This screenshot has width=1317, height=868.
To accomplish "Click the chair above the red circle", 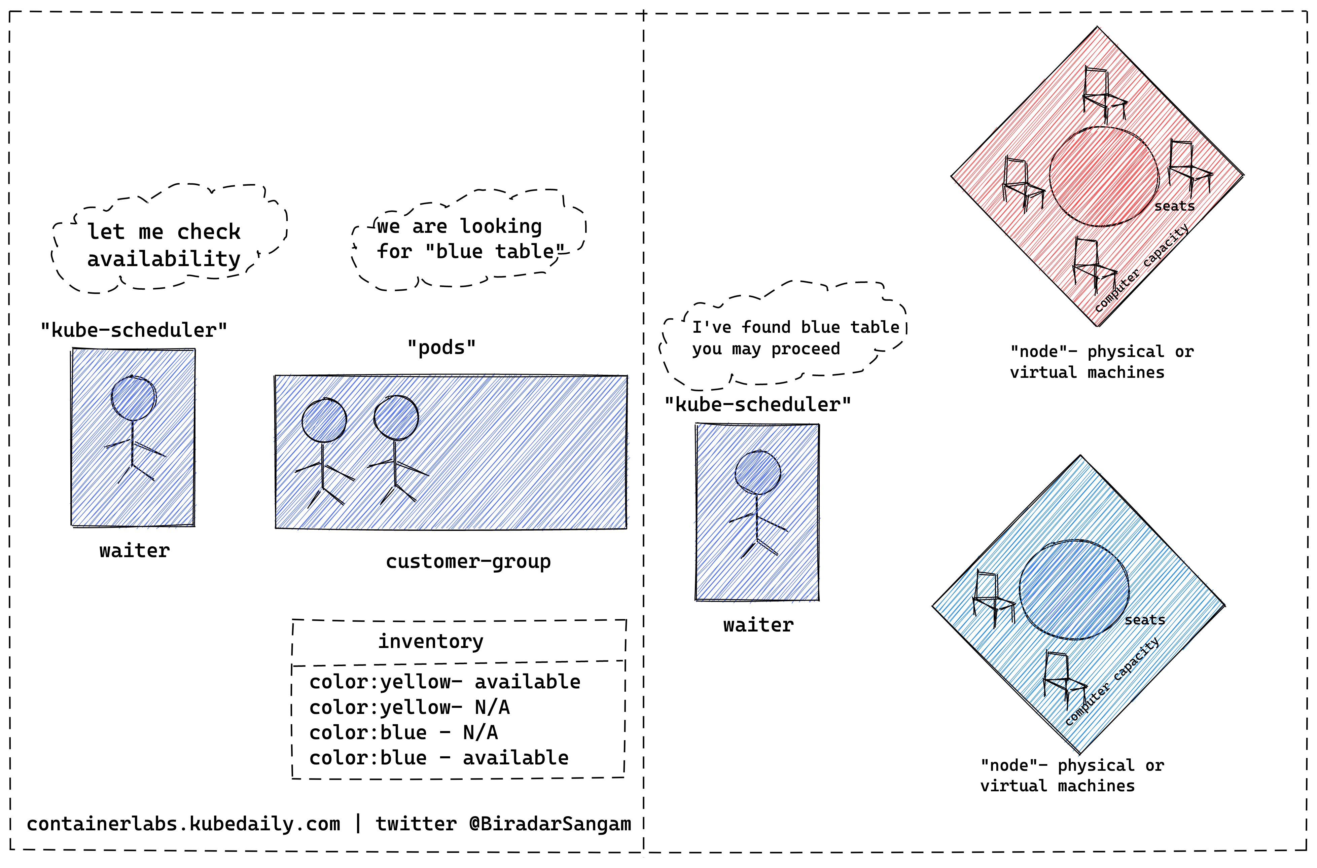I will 1103,94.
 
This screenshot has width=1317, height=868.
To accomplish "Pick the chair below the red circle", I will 1093,265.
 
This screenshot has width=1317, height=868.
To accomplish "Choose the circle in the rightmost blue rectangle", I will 758,472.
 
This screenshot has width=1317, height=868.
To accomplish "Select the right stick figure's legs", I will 401,487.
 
